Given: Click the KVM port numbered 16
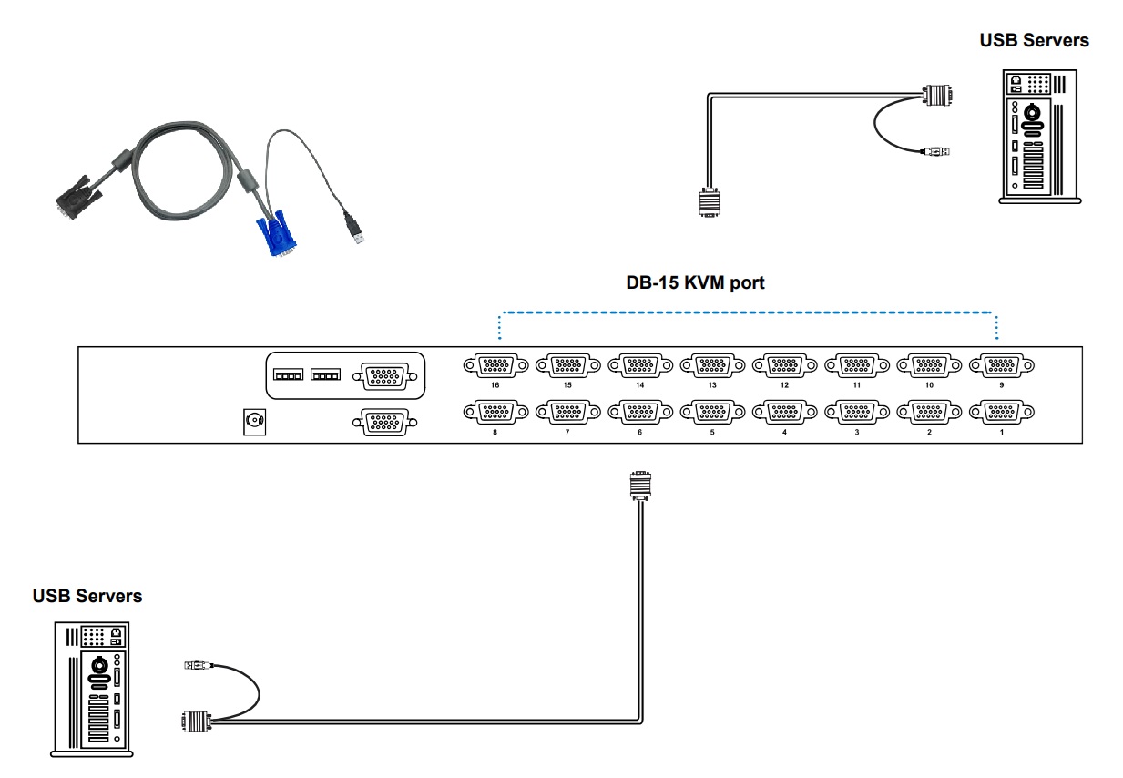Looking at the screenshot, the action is point(495,365).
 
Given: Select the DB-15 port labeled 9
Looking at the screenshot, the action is point(1002,365).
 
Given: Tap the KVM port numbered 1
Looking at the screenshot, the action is point(1002,413).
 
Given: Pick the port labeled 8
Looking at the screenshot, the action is point(495,413).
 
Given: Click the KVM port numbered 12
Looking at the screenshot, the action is point(784,365).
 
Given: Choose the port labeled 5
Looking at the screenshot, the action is point(712,413).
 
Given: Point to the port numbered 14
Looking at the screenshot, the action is point(640,365).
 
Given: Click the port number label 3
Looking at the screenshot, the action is point(857,432).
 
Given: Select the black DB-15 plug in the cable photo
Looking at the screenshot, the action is point(77,197).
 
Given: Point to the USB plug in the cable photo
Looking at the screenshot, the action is point(354,229).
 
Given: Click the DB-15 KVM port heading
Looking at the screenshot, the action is point(695,283).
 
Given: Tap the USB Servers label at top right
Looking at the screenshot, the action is point(1035,41).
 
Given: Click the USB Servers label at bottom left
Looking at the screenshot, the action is point(87,596).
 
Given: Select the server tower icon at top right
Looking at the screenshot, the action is point(1040,137).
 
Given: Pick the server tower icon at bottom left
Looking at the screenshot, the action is point(92,690).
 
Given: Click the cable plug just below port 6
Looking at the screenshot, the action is point(640,486).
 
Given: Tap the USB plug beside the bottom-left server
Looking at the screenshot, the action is point(199,666).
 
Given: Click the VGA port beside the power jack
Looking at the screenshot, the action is point(385,423).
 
